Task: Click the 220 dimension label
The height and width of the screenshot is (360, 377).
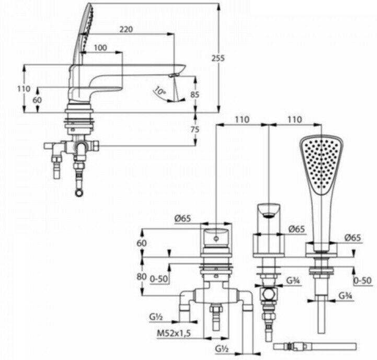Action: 126,30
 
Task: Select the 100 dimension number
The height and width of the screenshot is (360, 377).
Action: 100,48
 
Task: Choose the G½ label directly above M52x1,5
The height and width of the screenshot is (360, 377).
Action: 155,316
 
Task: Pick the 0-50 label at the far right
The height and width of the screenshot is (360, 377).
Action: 362,280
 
